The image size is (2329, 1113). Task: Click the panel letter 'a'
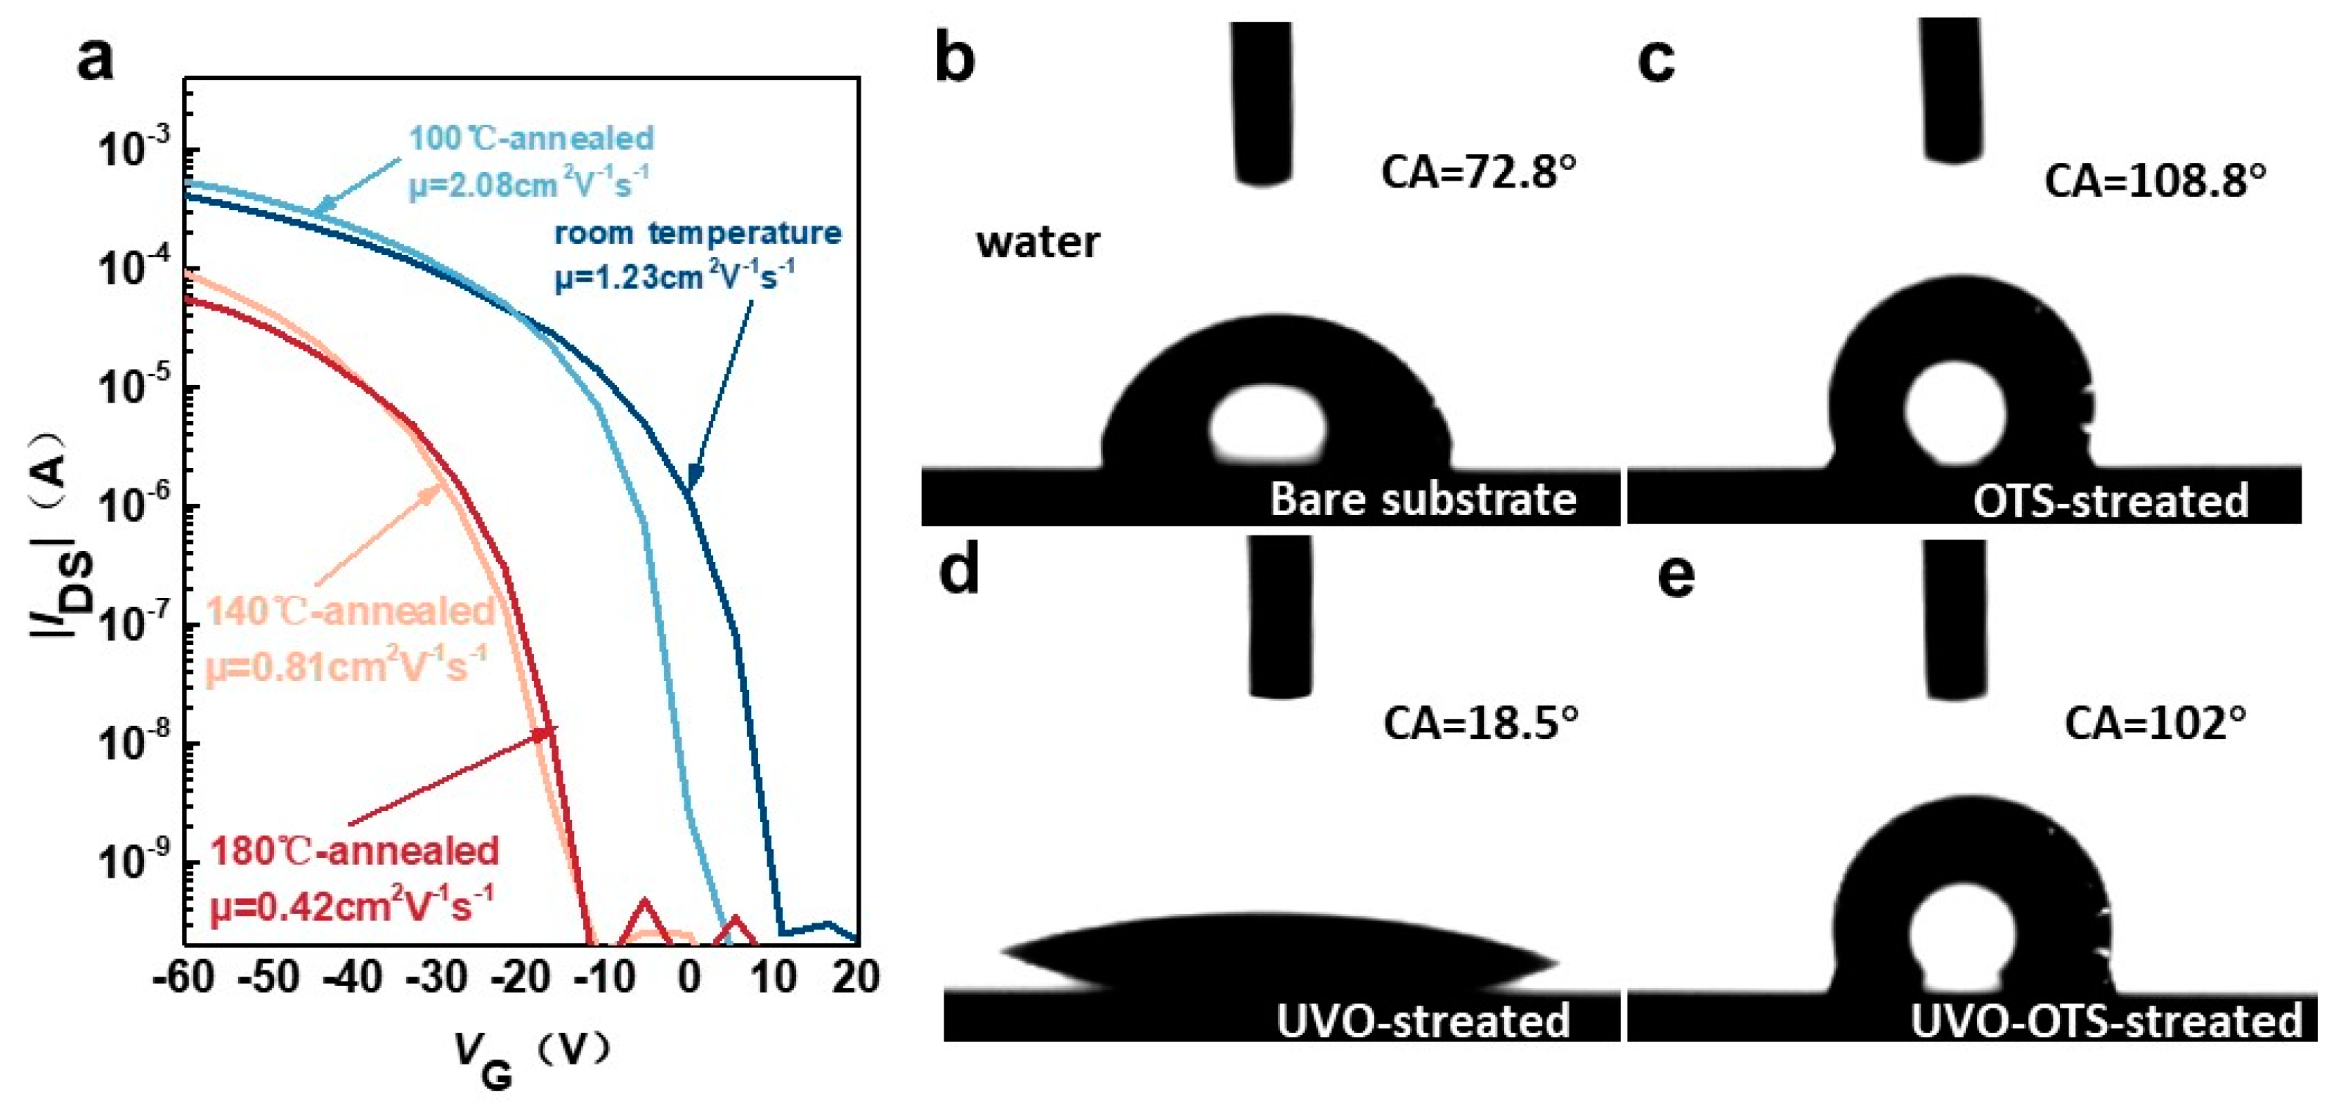point(96,60)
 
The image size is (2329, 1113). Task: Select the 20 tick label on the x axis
point(855,977)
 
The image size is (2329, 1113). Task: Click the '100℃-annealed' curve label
point(532,138)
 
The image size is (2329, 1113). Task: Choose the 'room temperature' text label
point(697,233)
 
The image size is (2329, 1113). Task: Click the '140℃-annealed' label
point(351,612)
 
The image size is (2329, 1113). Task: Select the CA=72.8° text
point(1478,171)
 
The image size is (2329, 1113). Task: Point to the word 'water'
point(1038,242)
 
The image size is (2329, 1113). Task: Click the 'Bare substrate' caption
point(1423,499)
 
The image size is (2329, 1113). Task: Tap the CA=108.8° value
point(2155,182)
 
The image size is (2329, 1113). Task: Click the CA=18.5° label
point(1481,722)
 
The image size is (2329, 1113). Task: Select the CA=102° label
point(2155,723)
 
